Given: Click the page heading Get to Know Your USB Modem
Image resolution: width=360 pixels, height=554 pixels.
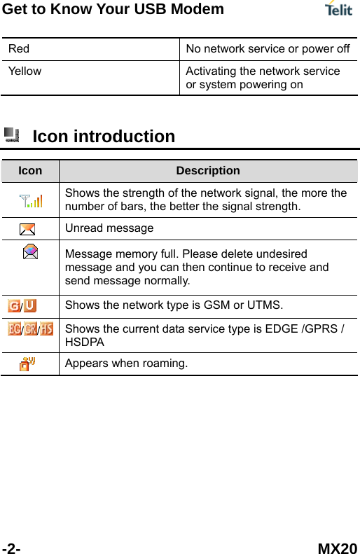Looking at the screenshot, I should [x=113, y=9].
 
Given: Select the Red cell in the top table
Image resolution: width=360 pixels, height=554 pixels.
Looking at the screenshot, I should [x=19, y=49].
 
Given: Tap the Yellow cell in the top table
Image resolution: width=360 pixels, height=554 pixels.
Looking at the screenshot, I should [x=25, y=71].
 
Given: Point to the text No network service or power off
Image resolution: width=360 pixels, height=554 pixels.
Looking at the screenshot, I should [x=268, y=49].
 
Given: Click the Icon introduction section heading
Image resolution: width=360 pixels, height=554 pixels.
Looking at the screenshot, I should [x=104, y=136].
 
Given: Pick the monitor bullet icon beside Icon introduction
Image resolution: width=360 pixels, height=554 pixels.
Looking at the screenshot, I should [x=11, y=134].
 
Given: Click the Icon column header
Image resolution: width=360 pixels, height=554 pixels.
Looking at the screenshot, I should [x=29, y=171].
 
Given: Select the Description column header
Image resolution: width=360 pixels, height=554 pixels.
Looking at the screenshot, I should [x=207, y=171].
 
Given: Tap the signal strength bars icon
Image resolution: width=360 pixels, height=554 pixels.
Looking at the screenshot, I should [x=30, y=201].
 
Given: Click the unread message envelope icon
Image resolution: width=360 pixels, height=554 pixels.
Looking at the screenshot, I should [x=28, y=229].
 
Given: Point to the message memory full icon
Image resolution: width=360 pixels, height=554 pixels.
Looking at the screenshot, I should [x=30, y=252].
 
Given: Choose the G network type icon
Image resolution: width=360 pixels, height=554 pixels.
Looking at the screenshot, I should [x=15, y=306].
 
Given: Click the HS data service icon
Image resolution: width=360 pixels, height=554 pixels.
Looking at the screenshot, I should [x=46, y=328].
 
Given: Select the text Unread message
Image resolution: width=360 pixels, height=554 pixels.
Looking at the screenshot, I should [x=109, y=228].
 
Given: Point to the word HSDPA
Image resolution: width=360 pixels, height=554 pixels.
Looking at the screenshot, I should [x=85, y=342].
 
